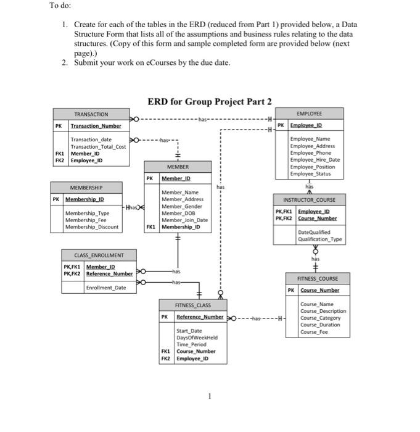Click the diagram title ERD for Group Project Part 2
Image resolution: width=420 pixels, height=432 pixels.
point(210,102)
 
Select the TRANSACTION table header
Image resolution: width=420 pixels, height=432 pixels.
point(91,115)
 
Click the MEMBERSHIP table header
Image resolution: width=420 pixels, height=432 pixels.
point(86,187)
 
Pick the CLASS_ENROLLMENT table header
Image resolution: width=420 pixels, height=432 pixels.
point(99,255)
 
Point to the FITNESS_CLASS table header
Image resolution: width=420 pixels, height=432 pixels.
point(192,305)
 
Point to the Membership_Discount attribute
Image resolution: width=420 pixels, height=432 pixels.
point(91,226)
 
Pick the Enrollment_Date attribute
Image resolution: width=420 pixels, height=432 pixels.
point(105,288)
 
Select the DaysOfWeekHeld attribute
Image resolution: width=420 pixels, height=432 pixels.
point(197,338)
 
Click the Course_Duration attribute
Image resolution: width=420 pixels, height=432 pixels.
point(320,325)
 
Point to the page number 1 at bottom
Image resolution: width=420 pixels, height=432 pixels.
point(210,396)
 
